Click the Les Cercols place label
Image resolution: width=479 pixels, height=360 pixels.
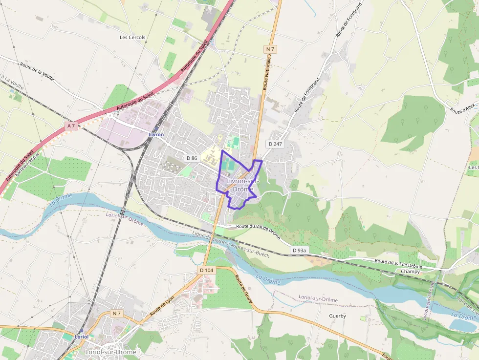click(x=132, y=37)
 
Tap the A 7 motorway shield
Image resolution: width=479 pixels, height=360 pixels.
click(x=71, y=126)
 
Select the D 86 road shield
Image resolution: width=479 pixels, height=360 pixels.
click(x=192, y=158)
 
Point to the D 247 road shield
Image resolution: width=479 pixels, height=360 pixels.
click(x=275, y=144)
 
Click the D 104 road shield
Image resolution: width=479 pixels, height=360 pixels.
click(x=206, y=270)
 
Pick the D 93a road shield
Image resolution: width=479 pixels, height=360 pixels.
click(x=299, y=251)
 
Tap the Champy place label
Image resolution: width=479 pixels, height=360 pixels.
click(x=410, y=272)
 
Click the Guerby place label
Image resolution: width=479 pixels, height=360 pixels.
click(x=337, y=316)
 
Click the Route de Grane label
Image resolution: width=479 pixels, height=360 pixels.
click(x=243, y=289)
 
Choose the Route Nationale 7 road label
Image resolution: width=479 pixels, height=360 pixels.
click(x=267, y=72)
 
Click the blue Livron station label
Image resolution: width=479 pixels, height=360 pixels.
click(x=156, y=134)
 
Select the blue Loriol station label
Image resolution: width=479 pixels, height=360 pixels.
click(x=81, y=337)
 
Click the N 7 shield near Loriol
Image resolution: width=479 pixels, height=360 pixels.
click(x=116, y=313)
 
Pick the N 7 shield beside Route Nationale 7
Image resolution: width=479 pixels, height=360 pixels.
click(x=270, y=49)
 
